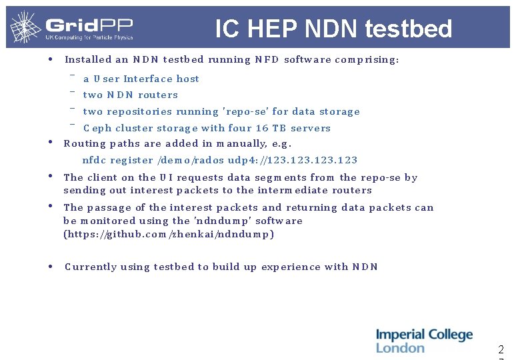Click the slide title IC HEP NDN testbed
pos(333,29)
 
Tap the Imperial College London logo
pos(424,341)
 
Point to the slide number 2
pos(501,349)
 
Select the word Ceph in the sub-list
pos(97,128)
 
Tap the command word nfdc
pos(94,160)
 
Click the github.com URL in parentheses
pos(169,234)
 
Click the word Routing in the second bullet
pos(85,143)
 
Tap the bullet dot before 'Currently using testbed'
pos(51,266)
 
